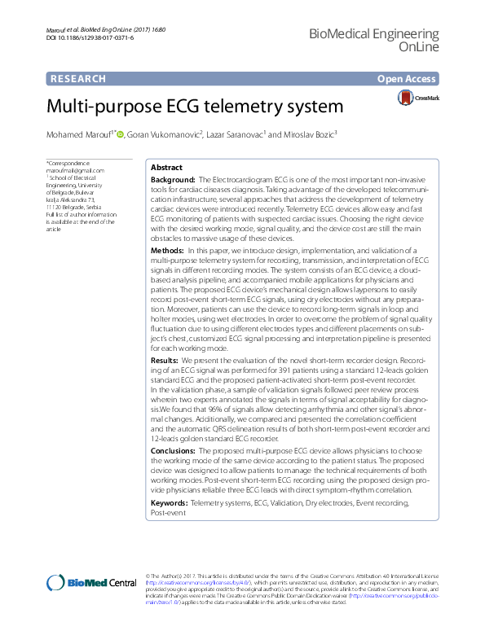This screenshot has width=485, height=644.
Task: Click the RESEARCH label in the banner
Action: tap(77, 79)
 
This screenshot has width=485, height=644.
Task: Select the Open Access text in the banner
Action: tap(407, 79)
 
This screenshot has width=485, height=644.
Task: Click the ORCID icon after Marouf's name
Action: tap(120, 134)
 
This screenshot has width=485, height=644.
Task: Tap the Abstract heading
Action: tap(167, 166)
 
